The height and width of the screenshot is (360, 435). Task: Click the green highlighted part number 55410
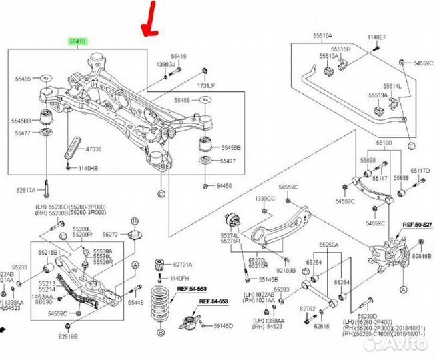[79, 41]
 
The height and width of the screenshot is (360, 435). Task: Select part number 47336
[93, 149]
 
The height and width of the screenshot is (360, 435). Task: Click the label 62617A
[25, 189]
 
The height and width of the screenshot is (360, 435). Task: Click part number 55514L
[392, 86]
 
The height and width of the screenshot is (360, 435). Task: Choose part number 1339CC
[264, 199]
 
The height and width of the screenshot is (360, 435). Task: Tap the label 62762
[307, 309]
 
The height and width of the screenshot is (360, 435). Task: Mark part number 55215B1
[49, 252]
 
